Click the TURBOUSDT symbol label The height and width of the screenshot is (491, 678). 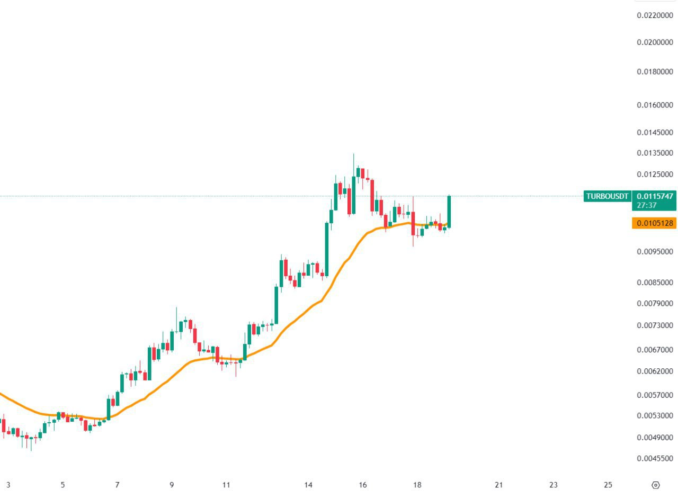point(607,196)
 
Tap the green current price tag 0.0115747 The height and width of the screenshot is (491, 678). point(655,196)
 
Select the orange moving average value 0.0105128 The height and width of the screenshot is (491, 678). point(655,223)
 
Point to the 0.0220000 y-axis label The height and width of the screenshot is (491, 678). point(655,15)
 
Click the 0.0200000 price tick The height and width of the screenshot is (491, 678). point(655,42)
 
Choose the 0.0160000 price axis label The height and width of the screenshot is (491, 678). point(655,105)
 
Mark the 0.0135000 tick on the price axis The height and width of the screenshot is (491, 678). point(655,153)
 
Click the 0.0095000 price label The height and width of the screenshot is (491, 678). point(655,251)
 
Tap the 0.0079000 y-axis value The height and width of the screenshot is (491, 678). point(655,303)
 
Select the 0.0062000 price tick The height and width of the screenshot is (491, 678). point(655,371)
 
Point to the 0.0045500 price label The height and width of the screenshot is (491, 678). point(655,458)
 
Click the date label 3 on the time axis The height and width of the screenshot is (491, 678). point(8,485)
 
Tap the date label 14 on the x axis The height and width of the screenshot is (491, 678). point(309,485)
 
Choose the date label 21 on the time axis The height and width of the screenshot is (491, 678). point(498,485)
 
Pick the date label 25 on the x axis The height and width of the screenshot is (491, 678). point(608,485)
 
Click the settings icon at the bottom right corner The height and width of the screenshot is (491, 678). point(655,485)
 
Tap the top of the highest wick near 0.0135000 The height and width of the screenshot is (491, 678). point(354,154)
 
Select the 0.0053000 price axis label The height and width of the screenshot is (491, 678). point(655,415)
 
